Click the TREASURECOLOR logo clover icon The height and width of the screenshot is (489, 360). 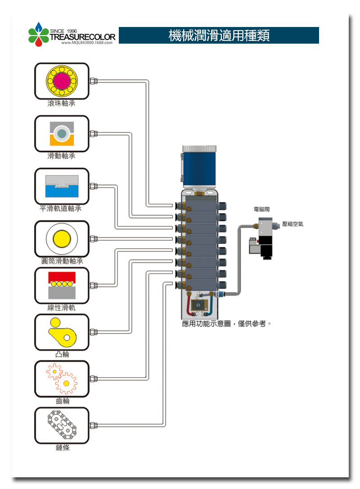point(38,35)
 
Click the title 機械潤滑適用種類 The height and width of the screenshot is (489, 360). point(219,36)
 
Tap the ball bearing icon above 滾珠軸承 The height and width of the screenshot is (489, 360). point(62,81)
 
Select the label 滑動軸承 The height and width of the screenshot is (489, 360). point(62,156)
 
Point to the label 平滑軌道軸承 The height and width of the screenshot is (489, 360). point(61,209)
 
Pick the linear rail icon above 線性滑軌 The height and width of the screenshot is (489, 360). point(62,285)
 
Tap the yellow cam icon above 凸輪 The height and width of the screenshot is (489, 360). point(62,332)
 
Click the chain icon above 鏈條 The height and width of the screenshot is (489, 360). point(62,425)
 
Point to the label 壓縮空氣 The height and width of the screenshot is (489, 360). point(292,224)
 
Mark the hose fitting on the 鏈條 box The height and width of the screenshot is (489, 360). point(93,425)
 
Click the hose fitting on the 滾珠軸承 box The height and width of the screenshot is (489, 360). point(93,81)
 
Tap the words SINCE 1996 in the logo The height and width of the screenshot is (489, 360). point(63,30)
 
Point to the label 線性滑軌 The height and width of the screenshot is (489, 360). point(62,308)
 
